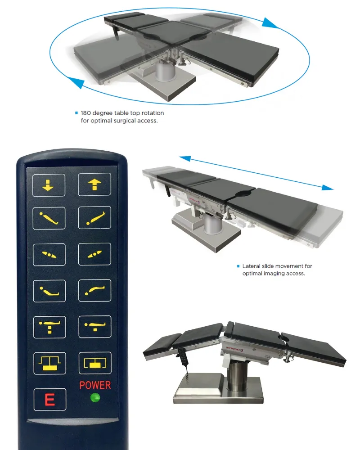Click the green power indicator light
94,397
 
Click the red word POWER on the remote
95,385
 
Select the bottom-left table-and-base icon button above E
49,363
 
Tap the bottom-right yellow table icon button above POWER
94,363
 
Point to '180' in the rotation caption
86,113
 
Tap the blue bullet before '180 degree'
76,113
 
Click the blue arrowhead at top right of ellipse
270,23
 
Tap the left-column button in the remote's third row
49,255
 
